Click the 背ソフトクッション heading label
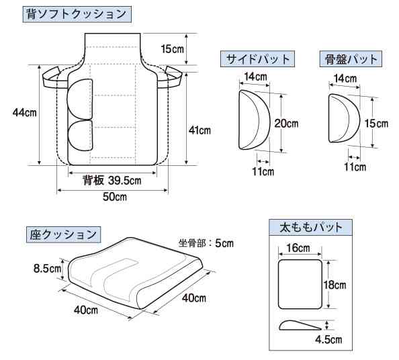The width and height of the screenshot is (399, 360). [77, 14]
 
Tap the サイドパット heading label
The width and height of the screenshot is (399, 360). [258, 59]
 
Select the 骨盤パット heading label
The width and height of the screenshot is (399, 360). [351, 59]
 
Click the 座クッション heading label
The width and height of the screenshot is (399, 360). [63, 234]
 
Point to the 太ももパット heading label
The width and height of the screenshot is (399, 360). [311, 227]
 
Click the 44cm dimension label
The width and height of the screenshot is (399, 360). [25, 112]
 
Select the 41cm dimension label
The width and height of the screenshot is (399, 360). [199, 130]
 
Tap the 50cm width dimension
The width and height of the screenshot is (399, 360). [114, 197]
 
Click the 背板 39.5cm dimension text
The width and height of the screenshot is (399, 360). [112, 181]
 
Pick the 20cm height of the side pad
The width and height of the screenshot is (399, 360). [286, 124]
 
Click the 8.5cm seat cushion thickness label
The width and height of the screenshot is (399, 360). [48, 269]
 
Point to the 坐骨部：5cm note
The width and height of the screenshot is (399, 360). [206, 243]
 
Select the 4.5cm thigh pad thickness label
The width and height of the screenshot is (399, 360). [328, 339]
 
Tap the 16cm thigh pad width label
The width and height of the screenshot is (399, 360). [298, 248]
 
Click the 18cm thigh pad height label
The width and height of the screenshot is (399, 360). [335, 285]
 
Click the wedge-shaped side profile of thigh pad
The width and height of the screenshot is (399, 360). [300, 325]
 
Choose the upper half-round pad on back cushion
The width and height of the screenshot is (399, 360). [80, 99]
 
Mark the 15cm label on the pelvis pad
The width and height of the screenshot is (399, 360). [376, 124]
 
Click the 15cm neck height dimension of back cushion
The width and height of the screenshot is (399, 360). [172, 48]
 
